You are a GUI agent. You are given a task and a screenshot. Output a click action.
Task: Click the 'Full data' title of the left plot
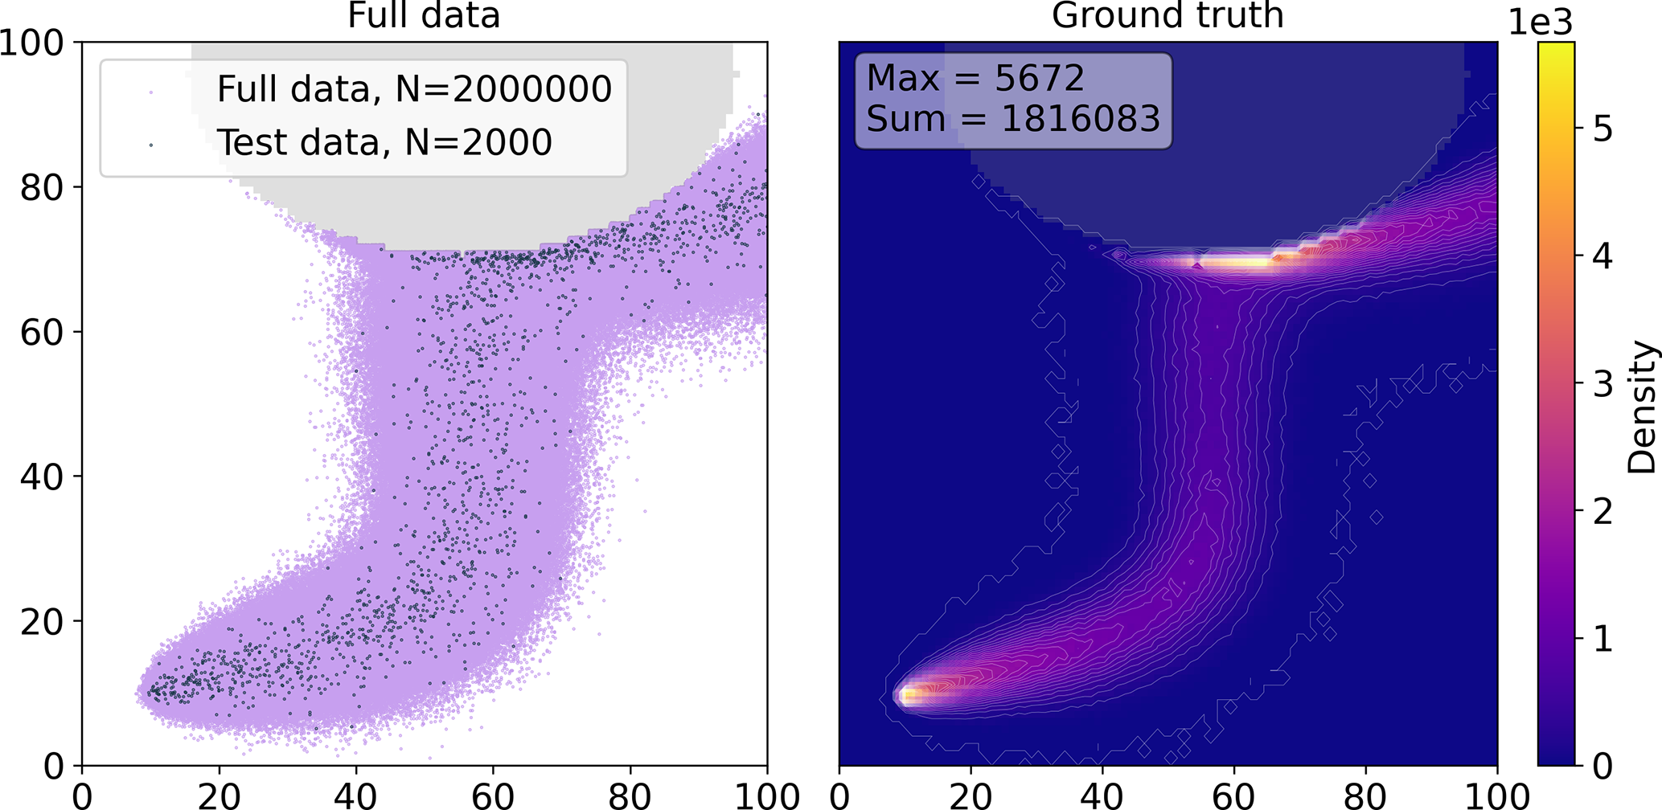(x=424, y=16)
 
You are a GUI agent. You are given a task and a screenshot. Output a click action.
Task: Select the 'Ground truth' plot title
(x=1168, y=16)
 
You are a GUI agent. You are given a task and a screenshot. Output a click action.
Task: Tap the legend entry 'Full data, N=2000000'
(x=414, y=89)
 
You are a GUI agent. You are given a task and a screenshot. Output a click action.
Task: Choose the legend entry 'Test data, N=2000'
(x=384, y=143)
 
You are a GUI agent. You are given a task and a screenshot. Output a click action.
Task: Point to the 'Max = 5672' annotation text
(x=975, y=79)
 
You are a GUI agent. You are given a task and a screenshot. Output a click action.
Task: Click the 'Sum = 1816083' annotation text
(x=1013, y=120)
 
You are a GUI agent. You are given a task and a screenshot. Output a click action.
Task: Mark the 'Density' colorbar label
(x=1641, y=407)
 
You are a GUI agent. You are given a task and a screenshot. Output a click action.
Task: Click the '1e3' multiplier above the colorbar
(x=1540, y=22)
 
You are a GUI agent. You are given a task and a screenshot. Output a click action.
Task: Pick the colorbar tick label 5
(x=1602, y=129)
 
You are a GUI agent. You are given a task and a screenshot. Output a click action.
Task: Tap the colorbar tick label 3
(x=1602, y=384)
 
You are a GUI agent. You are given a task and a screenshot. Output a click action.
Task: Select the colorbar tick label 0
(x=1602, y=767)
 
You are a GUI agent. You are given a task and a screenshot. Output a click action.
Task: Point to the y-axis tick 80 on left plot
(x=40, y=187)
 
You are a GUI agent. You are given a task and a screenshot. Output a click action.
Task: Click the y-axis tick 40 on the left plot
(x=40, y=477)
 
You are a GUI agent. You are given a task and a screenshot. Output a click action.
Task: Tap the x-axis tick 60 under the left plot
(x=493, y=795)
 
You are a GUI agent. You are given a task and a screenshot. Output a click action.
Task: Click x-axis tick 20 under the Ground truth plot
(x=971, y=795)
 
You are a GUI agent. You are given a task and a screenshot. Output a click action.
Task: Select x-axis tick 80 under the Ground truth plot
(x=1365, y=795)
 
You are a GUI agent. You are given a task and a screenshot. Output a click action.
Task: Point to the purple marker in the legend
(x=151, y=92)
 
